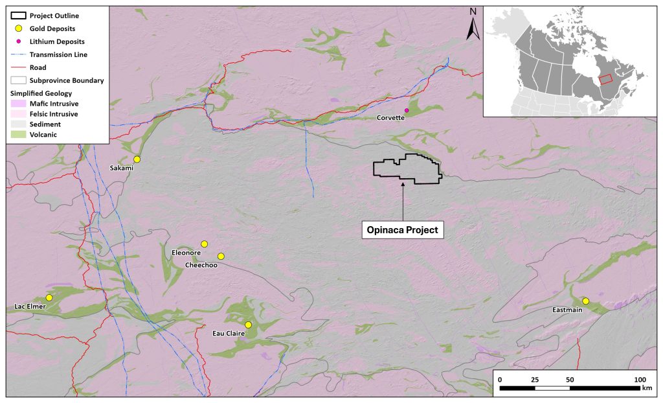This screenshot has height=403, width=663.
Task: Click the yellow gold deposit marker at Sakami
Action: click(137, 159)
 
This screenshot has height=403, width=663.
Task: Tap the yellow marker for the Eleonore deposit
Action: click(204, 244)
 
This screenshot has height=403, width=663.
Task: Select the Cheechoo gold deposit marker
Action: click(221, 256)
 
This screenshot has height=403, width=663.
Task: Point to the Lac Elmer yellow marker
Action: click(49, 297)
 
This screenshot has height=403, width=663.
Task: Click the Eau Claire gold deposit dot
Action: click(248, 325)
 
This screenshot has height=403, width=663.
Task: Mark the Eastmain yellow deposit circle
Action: click(585, 301)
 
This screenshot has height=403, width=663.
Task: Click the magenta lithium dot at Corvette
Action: click(407, 110)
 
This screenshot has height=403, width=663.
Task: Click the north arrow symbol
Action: click(473, 23)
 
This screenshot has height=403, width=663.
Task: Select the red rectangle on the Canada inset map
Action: click(605, 78)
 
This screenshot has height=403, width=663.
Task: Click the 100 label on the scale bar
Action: click(639, 379)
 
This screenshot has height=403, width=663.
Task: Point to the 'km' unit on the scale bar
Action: click(647, 389)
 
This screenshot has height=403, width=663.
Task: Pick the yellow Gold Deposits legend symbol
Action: click(19, 29)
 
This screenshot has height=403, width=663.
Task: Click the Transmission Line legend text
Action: click(58, 54)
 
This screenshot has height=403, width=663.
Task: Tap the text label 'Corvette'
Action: click(391, 118)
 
